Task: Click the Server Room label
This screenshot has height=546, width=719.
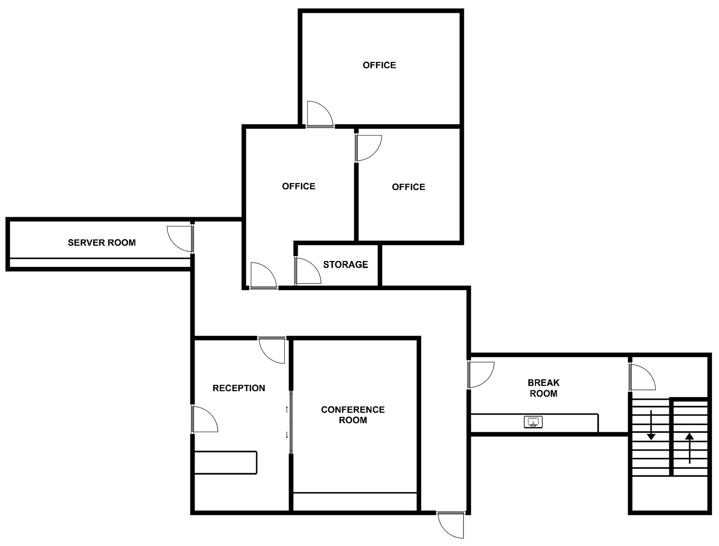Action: coord(102,242)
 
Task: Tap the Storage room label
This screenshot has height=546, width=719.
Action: coord(345,265)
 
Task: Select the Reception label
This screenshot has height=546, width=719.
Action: coord(239,388)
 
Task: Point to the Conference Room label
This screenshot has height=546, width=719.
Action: coord(353,415)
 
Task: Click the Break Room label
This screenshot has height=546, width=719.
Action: coord(544,388)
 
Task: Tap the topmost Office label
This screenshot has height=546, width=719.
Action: coord(379,65)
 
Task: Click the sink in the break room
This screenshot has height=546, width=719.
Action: coord(533,422)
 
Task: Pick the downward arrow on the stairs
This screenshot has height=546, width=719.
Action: coord(651,425)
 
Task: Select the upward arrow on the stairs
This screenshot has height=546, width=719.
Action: coord(690,448)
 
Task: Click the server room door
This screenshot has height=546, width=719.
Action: coord(180,239)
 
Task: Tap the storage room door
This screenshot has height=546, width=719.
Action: coord(308,271)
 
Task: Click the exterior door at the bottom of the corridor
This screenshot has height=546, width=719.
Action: coord(451,525)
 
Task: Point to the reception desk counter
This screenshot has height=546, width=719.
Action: coord(226,463)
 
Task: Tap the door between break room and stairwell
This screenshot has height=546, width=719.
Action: coord(643,377)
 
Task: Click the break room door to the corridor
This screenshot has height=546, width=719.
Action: coord(481,375)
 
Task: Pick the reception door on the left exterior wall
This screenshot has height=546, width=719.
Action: coord(205,419)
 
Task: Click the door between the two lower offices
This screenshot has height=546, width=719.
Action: coord(369,148)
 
